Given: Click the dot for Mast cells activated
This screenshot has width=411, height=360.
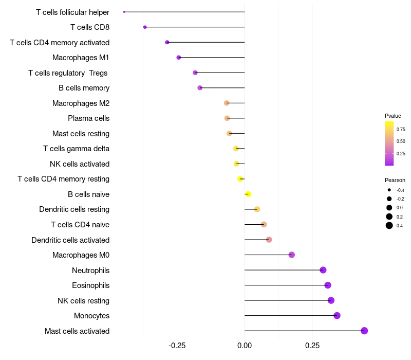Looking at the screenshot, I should pyautogui.click(x=364, y=331).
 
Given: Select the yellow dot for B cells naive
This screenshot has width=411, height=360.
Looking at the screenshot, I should pyautogui.click(x=248, y=194).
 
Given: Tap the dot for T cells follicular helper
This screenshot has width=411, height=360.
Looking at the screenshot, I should pyautogui.click(x=124, y=12).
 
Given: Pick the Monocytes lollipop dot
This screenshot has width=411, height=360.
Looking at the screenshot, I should pyautogui.click(x=337, y=316).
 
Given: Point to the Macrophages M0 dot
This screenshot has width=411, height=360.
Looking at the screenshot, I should pyautogui.click(x=292, y=255).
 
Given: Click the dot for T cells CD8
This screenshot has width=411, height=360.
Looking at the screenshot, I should pyautogui.click(x=145, y=27).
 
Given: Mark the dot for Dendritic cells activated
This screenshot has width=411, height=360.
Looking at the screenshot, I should pyautogui.click(x=269, y=240).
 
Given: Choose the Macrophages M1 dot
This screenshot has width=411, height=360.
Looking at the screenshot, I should pyautogui.click(x=179, y=58).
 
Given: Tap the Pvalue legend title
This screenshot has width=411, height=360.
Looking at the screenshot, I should pyautogui.click(x=393, y=116).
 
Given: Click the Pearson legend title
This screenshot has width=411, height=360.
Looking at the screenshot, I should pyautogui.click(x=395, y=180).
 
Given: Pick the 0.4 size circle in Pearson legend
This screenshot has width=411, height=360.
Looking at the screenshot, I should pyautogui.click(x=389, y=225).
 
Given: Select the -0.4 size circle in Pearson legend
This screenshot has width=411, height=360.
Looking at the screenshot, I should pyautogui.click(x=389, y=190).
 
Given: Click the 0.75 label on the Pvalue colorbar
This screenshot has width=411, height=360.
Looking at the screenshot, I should pyautogui.click(x=401, y=130).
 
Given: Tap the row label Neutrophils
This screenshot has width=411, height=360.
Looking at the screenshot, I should pyautogui.click(x=90, y=271).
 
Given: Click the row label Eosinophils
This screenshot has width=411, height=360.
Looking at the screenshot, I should pyautogui.click(x=90, y=285).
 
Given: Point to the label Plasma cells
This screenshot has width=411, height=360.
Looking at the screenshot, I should pyautogui.click(x=88, y=118).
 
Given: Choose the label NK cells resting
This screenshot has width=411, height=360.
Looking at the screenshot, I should pyautogui.click(x=83, y=301).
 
